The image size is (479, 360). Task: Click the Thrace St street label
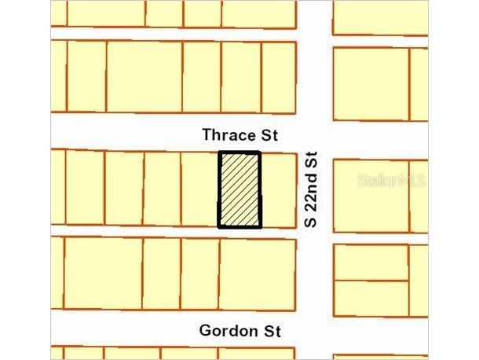click(239, 135)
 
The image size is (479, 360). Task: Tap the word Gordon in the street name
click(229, 331)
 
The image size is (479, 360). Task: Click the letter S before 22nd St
click(311, 222)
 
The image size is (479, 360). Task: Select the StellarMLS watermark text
click(391, 180)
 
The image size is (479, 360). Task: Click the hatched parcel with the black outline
click(239, 189)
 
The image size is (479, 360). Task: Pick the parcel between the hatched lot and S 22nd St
click(278, 189)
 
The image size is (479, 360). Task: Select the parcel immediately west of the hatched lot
click(199, 189)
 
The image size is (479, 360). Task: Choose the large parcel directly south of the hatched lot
click(258, 274)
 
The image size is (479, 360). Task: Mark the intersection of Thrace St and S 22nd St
click(314, 134)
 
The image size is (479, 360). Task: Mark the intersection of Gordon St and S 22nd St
click(314, 329)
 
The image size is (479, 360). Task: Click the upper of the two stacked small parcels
click(371, 263)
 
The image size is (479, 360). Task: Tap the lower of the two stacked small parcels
click(371, 298)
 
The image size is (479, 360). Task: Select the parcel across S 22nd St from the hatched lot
click(371, 196)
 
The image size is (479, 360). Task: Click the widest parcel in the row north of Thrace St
click(144, 77)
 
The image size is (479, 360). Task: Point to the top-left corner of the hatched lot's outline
click(219, 152)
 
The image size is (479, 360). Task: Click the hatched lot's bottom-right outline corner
click(260, 227)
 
